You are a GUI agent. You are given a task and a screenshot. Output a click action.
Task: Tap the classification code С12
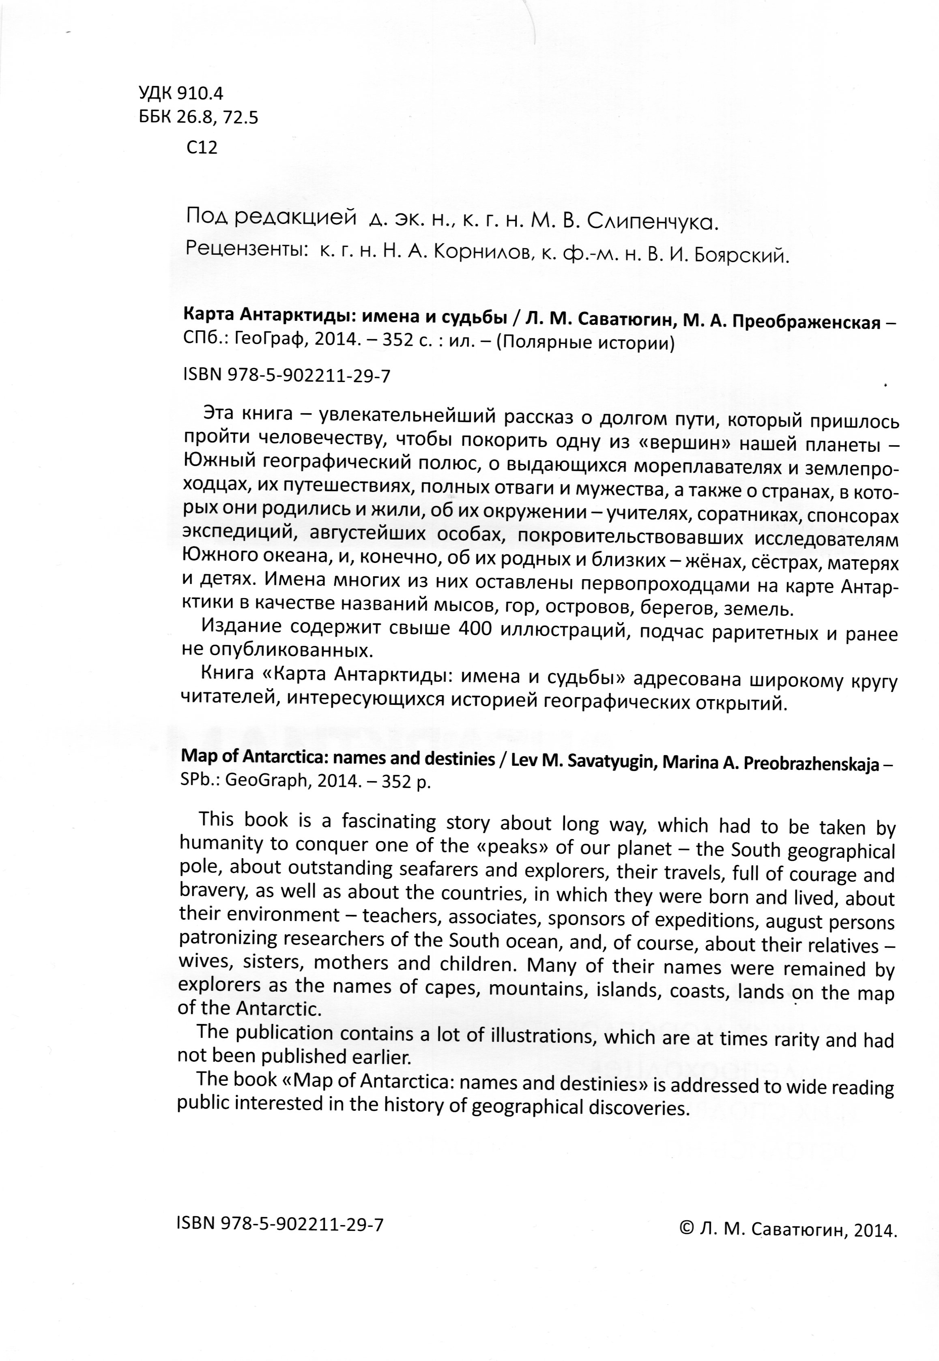point(202,147)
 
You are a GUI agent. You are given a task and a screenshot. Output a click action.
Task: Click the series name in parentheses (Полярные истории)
point(585,342)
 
